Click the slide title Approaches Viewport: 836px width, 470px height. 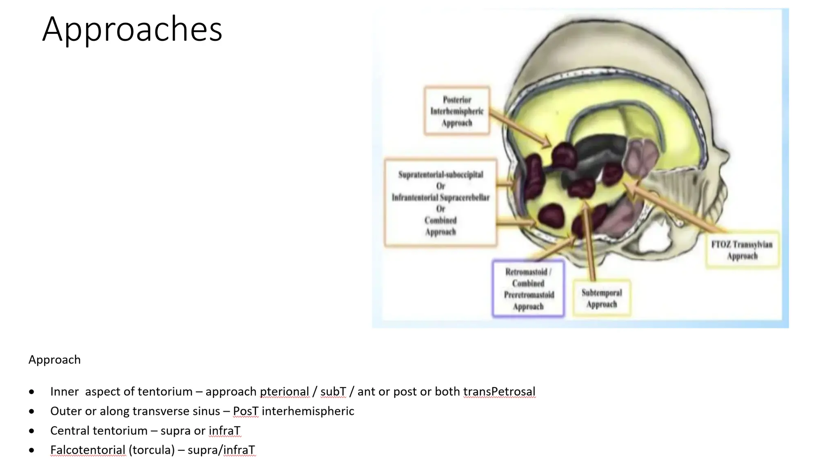(x=132, y=29)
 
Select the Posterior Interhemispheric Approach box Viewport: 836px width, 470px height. (x=457, y=111)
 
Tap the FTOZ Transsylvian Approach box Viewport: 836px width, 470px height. (x=742, y=250)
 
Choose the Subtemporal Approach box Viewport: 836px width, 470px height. (x=602, y=298)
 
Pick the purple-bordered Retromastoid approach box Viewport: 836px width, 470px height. (x=528, y=289)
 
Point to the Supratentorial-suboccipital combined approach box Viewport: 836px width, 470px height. (x=440, y=203)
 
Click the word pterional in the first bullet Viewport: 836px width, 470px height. (x=284, y=392)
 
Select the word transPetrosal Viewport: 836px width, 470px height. (x=499, y=392)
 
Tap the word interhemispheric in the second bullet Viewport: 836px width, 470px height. (x=308, y=411)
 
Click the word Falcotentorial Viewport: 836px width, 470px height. (x=88, y=450)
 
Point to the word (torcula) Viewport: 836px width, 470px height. (x=151, y=450)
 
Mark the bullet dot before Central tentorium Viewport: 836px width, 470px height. (x=32, y=431)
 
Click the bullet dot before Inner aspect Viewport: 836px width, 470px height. (x=32, y=392)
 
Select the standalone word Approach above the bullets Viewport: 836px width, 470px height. (x=55, y=360)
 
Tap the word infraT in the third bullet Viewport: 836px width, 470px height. (x=225, y=431)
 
